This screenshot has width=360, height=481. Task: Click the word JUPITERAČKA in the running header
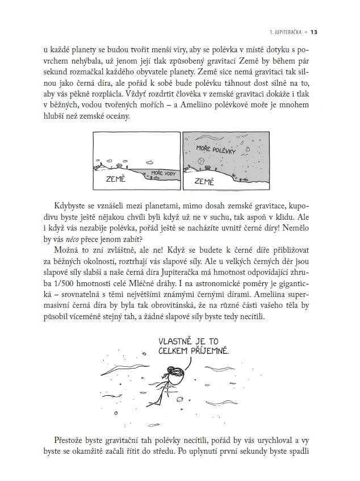coord(286,32)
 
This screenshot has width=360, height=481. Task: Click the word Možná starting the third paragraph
coord(68,252)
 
